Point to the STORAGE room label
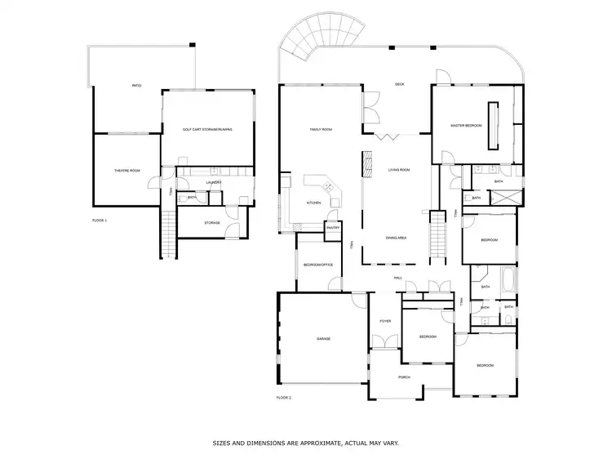(x=212, y=222)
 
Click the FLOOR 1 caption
(x=100, y=221)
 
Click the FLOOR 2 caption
(x=283, y=398)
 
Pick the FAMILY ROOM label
(x=321, y=129)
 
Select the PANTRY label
(x=333, y=228)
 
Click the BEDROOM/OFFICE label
(x=318, y=265)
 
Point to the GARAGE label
(x=323, y=338)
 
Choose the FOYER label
(x=385, y=321)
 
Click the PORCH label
(x=403, y=377)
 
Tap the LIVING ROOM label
(x=398, y=170)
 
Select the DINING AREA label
(x=397, y=238)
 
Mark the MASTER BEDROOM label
(x=466, y=126)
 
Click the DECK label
(x=400, y=84)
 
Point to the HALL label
(x=398, y=279)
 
